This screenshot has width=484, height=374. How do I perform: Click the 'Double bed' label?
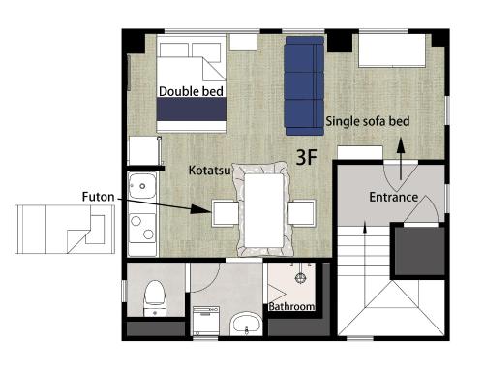click(191, 91)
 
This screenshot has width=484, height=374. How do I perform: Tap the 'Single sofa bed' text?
click(368, 121)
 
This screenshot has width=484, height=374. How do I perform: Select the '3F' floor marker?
click(307, 157)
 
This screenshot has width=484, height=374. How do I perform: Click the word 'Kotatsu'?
click(210, 170)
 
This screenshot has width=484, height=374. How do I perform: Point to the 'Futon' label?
click(98, 197)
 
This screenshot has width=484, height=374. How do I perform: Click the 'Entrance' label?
click(394, 197)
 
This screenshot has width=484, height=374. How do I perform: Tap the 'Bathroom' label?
click(291, 306)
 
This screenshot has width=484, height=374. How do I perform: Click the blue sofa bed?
click(304, 85)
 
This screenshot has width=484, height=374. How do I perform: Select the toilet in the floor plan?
click(155, 298)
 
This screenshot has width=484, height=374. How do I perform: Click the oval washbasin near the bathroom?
click(247, 323)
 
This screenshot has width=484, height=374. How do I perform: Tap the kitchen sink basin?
click(142, 186)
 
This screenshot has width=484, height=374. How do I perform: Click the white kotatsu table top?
click(264, 210)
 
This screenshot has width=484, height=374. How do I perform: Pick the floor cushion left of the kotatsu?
click(226, 213)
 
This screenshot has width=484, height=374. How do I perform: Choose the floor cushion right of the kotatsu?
click(302, 213)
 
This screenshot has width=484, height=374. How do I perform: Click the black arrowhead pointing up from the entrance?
click(401, 145)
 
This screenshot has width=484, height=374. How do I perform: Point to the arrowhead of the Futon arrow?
click(201, 209)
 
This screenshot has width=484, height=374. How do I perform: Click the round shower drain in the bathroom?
click(301, 278)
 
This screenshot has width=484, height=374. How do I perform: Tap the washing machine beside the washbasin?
click(206, 322)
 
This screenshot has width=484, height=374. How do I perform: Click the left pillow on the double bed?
click(174, 50)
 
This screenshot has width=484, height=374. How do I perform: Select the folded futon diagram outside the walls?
click(65, 230)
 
